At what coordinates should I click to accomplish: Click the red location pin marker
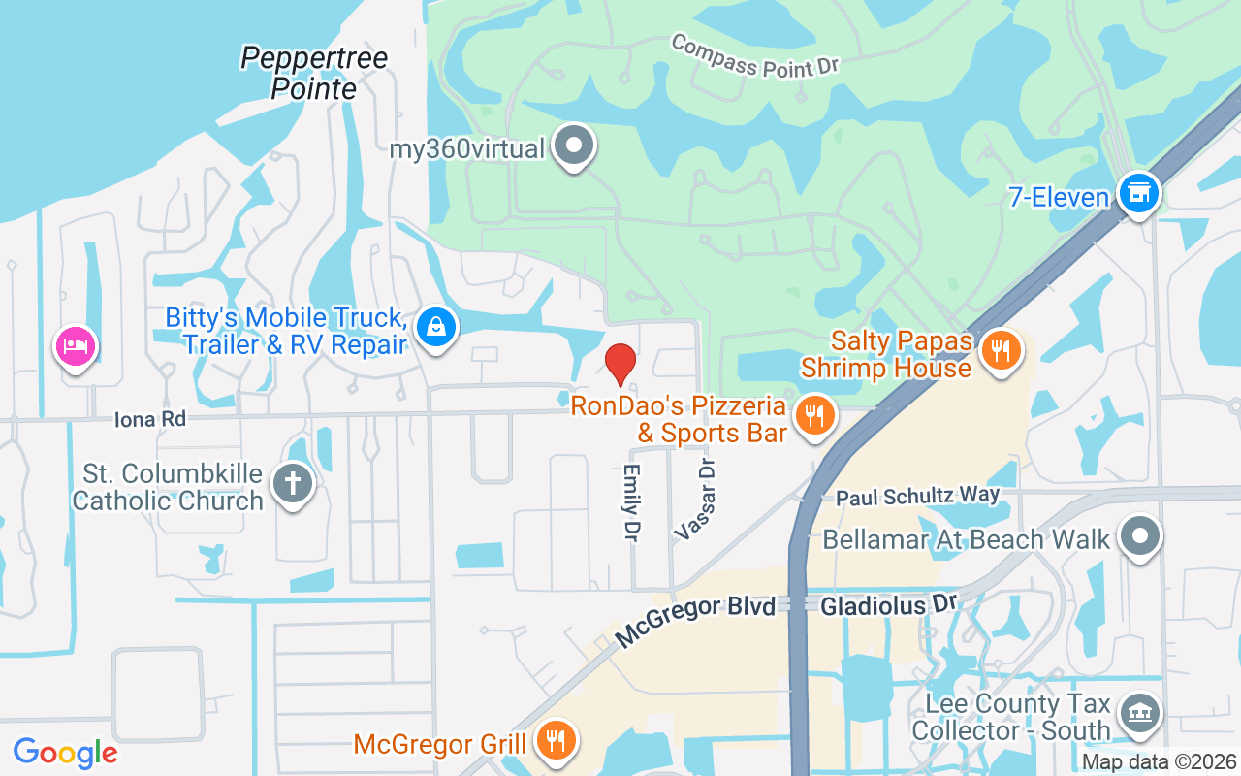pyautogui.click(x=620, y=364)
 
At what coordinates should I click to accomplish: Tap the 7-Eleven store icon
pyautogui.click(x=1138, y=193)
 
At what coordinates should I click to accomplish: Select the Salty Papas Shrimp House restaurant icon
pyautogui.click(x=1000, y=349)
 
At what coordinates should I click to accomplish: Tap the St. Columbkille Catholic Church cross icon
pyautogui.click(x=292, y=483)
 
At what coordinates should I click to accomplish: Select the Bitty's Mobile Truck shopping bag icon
pyautogui.click(x=437, y=327)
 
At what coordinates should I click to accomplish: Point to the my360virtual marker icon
pyautogui.click(x=574, y=146)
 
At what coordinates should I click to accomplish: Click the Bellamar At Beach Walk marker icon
pyautogui.click(x=1140, y=535)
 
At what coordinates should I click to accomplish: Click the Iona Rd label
pyautogui.click(x=149, y=419)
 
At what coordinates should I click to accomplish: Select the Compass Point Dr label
pyautogui.click(x=753, y=56)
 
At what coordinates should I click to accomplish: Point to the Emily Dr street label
pyautogui.click(x=632, y=502)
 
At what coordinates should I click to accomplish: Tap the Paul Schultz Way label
pyautogui.click(x=917, y=496)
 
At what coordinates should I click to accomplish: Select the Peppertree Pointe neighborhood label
pyautogui.click(x=314, y=73)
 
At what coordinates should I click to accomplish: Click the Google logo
pyautogui.click(x=65, y=752)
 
